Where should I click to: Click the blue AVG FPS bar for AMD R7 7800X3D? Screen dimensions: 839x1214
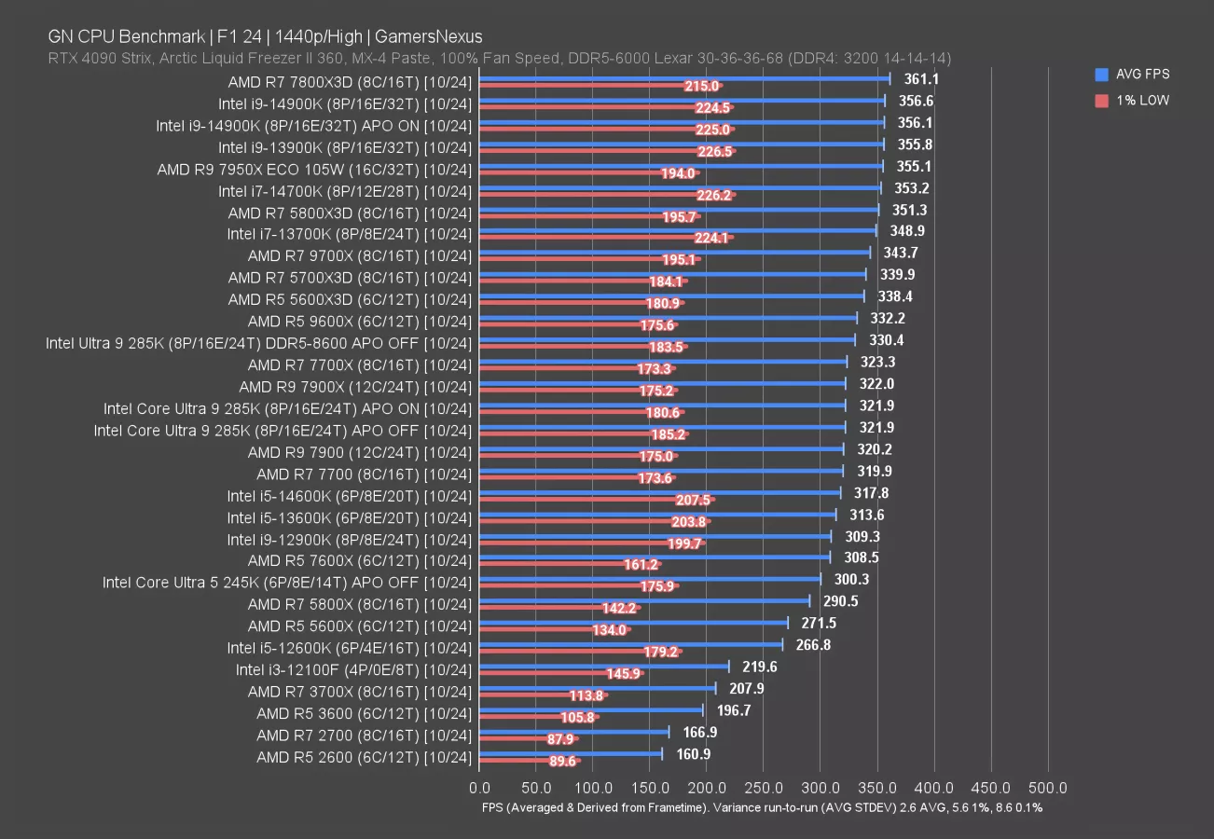(x=685, y=79)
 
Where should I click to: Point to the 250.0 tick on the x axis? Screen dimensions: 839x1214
(x=764, y=789)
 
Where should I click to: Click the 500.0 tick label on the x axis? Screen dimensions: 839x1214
(x=1048, y=789)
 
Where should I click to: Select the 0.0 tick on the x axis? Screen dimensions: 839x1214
(x=479, y=789)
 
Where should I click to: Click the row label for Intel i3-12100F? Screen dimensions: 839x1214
(x=353, y=669)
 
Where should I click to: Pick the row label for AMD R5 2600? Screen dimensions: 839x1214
(x=364, y=757)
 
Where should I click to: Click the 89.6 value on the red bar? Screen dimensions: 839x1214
(x=562, y=761)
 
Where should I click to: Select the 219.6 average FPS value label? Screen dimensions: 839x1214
(x=759, y=667)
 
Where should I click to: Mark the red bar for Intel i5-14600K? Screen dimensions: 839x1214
(x=597, y=500)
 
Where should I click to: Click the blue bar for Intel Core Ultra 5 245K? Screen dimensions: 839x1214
(x=650, y=580)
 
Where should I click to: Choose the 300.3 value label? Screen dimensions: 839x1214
(x=849, y=580)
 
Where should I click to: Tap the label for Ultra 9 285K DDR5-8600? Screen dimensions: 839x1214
(x=259, y=343)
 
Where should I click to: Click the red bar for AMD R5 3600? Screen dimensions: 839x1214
(x=539, y=717)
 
